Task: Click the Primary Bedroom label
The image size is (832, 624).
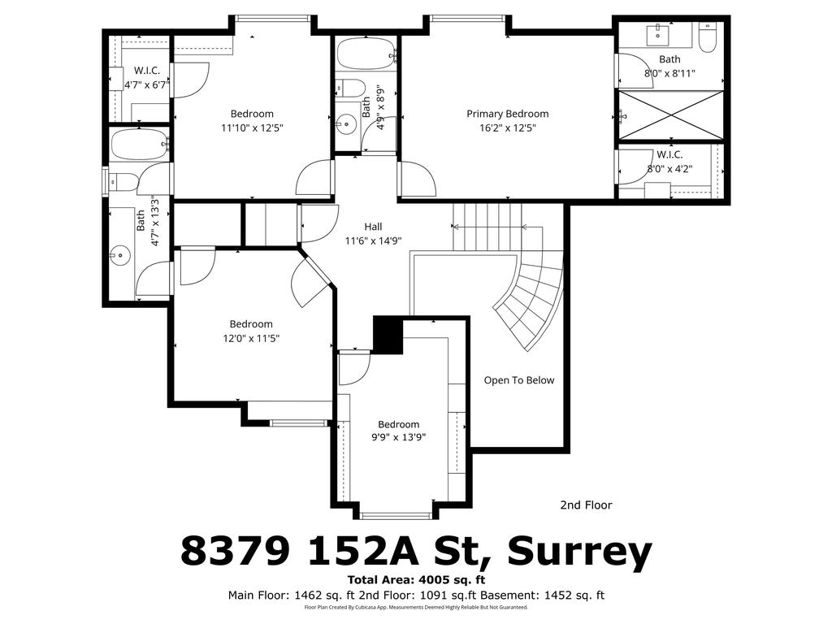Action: [x=507, y=114]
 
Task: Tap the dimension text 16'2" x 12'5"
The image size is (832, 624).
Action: [x=507, y=128]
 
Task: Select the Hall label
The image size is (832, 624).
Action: [x=373, y=227]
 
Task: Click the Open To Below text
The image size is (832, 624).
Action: [x=519, y=380]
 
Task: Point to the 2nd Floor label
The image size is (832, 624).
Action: [x=586, y=505]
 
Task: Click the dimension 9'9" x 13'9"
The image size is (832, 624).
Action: [x=398, y=437]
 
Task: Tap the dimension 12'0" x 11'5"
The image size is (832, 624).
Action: [x=251, y=338]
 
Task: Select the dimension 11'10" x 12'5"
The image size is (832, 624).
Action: [x=251, y=128]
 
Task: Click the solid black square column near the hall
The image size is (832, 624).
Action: [x=388, y=335]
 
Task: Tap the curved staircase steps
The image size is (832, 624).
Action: [x=532, y=301]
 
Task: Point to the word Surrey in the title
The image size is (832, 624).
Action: [x=579, y=552]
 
